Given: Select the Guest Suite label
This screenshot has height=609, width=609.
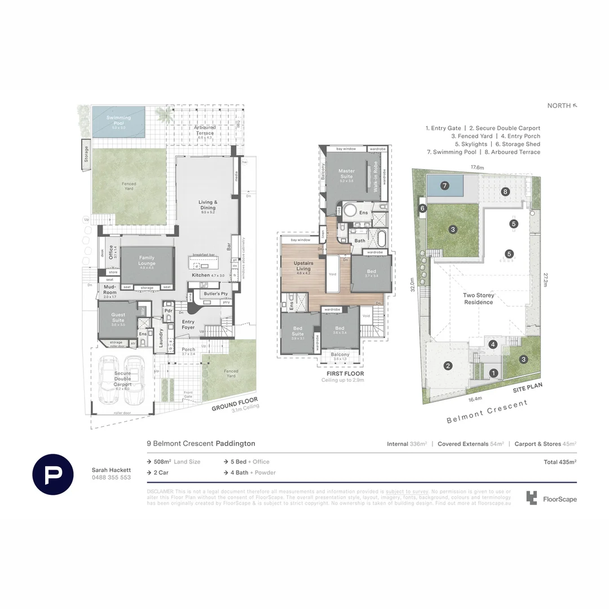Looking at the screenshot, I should [x=118, y=318].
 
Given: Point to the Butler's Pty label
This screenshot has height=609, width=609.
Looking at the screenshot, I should [x=217, y=294].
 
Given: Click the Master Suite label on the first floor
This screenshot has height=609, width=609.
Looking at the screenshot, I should [x=346, y=174].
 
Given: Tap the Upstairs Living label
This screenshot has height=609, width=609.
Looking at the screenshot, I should [x=303, y=266].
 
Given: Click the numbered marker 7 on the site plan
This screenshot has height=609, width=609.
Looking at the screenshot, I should [x=444, y=185].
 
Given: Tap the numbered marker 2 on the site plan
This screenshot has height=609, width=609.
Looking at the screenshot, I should [x=448, y=365].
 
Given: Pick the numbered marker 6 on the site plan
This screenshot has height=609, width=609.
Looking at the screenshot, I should [x=422, y=208].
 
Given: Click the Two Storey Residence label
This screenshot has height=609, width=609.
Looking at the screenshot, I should [x=478, y=298].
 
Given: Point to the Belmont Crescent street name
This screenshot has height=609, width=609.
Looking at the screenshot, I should [x=487, y=411].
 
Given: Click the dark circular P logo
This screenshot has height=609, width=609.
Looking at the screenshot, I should [x=52, y=474].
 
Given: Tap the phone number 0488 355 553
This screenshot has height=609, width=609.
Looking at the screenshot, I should [x=111, y=477].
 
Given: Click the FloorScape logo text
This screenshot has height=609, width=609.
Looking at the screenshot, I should [x=559, y=499].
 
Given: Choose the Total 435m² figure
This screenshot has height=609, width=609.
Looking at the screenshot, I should [x=559, y=462].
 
